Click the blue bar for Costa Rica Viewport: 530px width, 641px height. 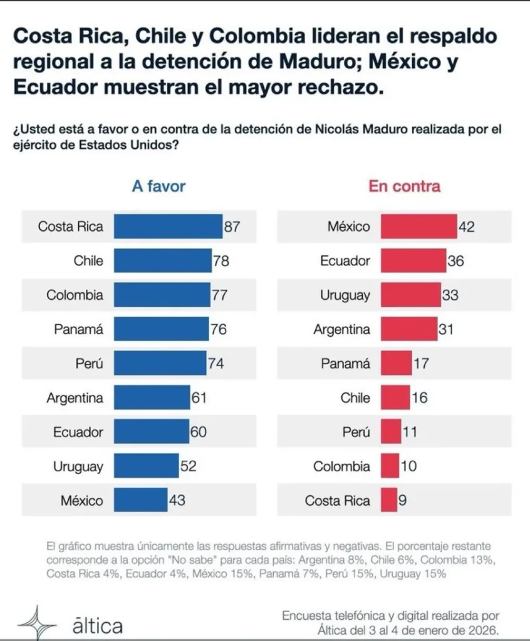[x=168, y=227]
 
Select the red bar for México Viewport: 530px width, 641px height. [x=419, y=227]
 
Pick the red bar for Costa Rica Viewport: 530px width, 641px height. [x=388, y=500]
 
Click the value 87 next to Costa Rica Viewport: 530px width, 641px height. [x=232, y=227]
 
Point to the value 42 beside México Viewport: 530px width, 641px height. [x=467, y=227]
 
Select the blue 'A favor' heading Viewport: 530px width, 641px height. [x=158, y=186]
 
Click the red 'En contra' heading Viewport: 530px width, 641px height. [x=404, y=186]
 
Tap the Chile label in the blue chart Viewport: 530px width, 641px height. [x=88, y=260]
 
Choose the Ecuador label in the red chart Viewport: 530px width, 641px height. [x=345, y=260]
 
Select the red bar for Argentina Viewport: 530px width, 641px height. [x=409, y=329]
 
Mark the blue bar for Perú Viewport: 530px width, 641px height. [x=160, y=363]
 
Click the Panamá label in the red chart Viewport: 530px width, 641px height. [x=345, y=363]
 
